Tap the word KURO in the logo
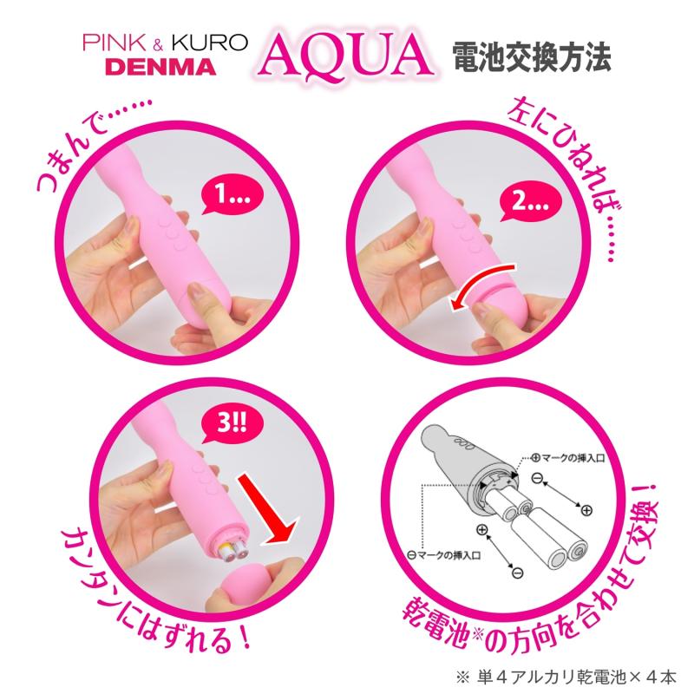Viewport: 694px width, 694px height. (x=210, y=43)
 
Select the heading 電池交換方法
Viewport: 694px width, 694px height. (x=532, y=57)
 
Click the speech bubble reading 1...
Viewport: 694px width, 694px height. (x=232, y=194)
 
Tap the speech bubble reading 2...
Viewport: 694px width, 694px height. (x=530, y=202)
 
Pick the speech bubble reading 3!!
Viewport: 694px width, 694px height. (x=232, y=423)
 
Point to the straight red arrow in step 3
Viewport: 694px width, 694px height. (x=267, y=508)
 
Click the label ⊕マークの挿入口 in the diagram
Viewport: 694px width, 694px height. (x=567, y=458)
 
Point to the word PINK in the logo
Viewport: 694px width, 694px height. (x=115, y=43)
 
